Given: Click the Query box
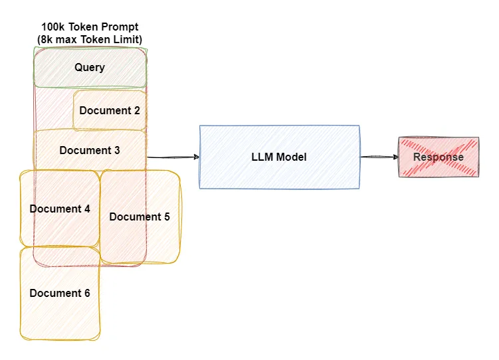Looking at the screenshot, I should (90, 67).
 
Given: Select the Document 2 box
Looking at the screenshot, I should (110, 110).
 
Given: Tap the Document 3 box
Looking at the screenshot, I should (90, 150).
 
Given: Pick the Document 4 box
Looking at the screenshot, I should (60, 209).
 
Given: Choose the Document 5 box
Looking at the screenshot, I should (140, 217).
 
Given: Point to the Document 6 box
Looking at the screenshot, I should (60, 293).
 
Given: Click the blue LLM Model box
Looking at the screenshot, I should (279, 157).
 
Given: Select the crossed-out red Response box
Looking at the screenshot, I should (438, 157).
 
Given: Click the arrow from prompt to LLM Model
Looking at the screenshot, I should (173, 157).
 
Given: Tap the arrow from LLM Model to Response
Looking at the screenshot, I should (379, 157).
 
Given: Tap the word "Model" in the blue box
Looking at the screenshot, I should (292, 157).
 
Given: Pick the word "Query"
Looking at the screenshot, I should (90, 67).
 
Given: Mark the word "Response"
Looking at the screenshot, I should (438, 157).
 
